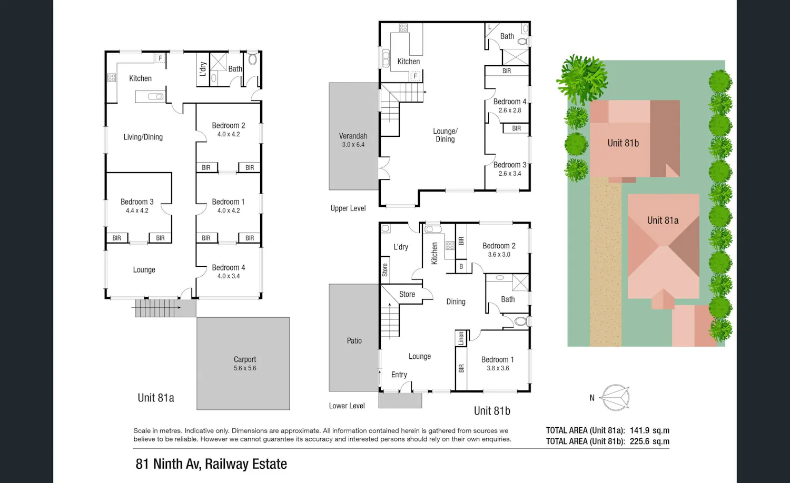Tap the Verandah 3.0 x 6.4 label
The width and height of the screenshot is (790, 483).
click(x=353, y=140)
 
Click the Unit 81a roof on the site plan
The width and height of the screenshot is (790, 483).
click(x=664, y=247)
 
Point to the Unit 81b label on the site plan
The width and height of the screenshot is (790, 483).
click(x=623, y=143)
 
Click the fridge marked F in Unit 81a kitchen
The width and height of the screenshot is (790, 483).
click(x=160, y=58)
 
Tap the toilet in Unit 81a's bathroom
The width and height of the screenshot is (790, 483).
click(x=252, y=59)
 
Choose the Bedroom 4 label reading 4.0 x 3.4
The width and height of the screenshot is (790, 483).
click(x=228, y=271)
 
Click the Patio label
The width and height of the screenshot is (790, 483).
click(x=354, y=340)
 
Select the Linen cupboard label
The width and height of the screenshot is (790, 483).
click(x=461, y=338)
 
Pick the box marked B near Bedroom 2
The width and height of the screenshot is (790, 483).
click(x=461, y=267)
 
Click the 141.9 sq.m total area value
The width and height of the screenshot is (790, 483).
click(x=649, y=430)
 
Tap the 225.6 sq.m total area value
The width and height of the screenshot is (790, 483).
click(x=649, y=441)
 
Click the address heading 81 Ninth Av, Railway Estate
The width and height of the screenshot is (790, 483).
click(x=211, y=464)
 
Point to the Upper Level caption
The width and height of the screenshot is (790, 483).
click(x=348, y=208)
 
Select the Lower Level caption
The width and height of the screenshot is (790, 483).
click(x=347, y=406)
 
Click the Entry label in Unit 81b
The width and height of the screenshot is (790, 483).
click(x=399, y=375)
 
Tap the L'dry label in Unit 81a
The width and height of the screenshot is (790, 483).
click(x=203, y=69)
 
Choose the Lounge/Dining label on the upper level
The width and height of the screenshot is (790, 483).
click(x=445, y=135)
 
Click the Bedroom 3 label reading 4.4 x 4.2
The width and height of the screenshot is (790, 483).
click(x=137, y=206)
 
